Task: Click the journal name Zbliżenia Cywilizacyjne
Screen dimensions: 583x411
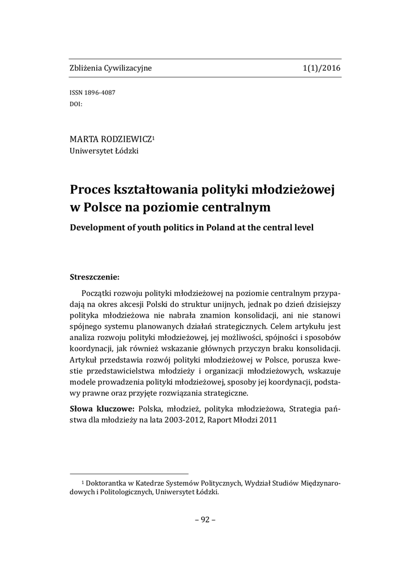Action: point(111,68)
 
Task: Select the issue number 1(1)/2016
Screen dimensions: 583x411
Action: point(322,68)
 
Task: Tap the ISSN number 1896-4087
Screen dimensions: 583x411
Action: point(100,93)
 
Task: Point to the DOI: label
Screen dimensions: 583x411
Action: point(76,104)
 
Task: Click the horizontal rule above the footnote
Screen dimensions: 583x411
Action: point(129,473)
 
